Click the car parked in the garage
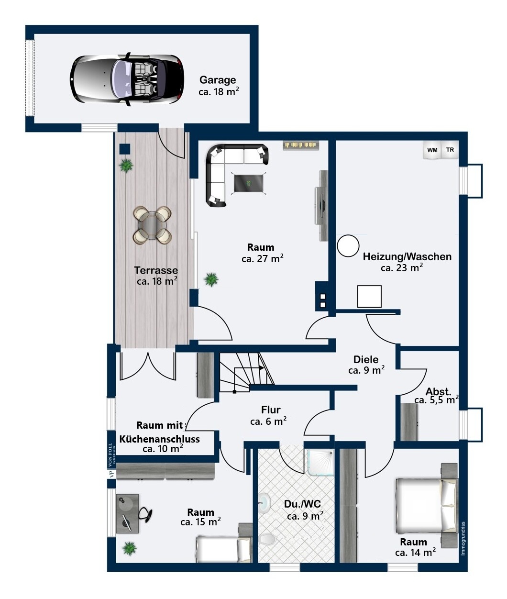coord(127,79)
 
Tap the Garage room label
coord(218,80)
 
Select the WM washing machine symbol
coord(432,150)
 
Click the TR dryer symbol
coord(450,150)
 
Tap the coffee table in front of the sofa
coord(249,183)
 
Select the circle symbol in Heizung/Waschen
coord(348,246)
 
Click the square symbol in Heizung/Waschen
coord(369,296)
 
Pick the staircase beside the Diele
coord(246,372)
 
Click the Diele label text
coord(366,359)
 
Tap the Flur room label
coord(271,410)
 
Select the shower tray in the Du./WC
coord(320,463)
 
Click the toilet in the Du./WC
coord(267,539)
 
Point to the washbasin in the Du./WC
coord(264,502)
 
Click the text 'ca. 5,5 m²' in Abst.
coord(436,400)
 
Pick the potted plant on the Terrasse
coord(126,166)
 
